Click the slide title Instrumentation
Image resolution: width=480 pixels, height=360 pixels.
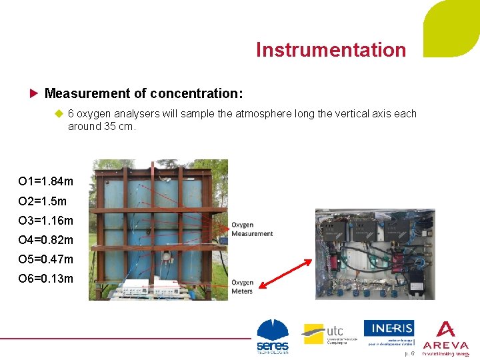pyautogui.click(x=331, y=50)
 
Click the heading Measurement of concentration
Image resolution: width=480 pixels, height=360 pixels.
pyautogui.click(x=143, y=92)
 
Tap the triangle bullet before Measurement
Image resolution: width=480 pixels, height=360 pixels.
pyautogui.click(x=35, y=92)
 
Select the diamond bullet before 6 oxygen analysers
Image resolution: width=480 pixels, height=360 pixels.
pyautogui.click(x=58, y=113)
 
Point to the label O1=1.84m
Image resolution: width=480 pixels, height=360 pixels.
pyautogui.click(x=46, y=181)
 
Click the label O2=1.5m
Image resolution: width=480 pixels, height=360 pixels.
pyautogui.click(x=43, y=201)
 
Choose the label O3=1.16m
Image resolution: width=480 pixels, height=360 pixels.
pyautogui.click(x=46, y=220)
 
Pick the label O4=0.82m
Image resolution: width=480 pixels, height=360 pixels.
pyautogui.click(x=46, y=239)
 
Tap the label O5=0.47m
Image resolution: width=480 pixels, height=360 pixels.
pyautogui.click(x=46, y=259)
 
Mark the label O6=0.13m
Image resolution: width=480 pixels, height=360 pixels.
pyautogui.click(x=46, y=278)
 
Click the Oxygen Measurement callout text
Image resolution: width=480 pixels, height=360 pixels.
pyautogui.click(x=252, y=229)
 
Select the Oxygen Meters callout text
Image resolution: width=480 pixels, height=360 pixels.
pyautogui.click(x=242, y=287)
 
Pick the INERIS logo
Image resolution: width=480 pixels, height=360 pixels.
pyautogui.click(x=389, y=332)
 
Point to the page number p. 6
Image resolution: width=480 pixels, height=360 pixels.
pyautogui.click(x=409, y=353)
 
